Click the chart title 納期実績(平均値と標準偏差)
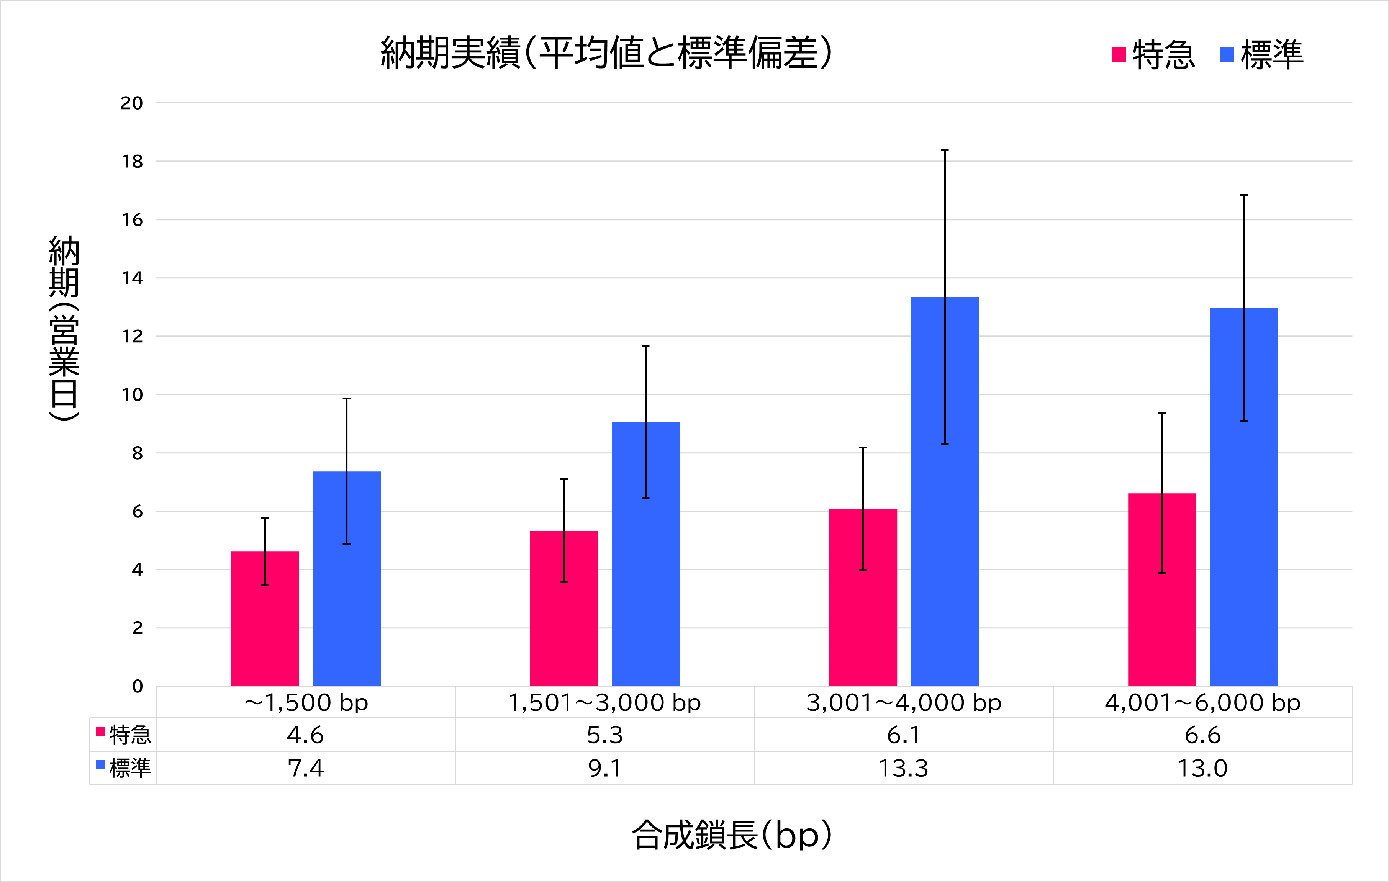[606, 53]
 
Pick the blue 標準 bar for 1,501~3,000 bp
[645, 554]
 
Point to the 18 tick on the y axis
[132, 162]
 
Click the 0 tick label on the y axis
[137, 686]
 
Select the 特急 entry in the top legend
[1154, 55]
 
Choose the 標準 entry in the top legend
[1262, 55]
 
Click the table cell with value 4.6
[305, 735]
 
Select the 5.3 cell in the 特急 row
[604, 735]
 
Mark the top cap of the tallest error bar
[945, 150]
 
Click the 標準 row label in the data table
[123, 768]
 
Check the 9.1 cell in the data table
[604, 768]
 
